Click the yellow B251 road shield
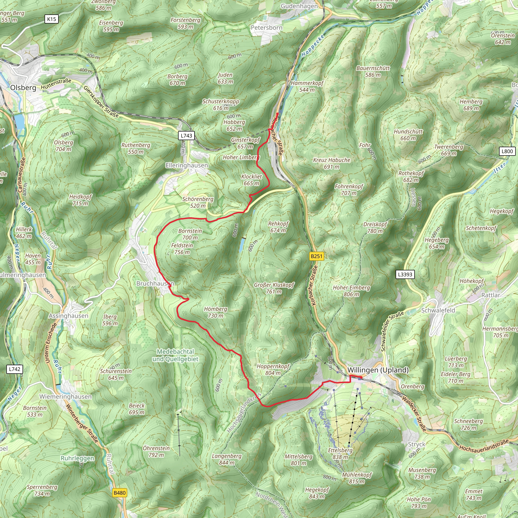[316, 256]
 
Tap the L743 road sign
[186, 135]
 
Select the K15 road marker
[52, 19]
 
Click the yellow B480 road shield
[120, 493]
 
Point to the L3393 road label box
[405, 274]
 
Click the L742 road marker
[14, 369]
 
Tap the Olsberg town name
[23, 88]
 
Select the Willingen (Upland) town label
[378, 370]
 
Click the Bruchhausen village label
[155, 283]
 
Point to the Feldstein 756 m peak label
[182, 249]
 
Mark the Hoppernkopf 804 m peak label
[273, 370]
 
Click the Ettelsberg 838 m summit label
[340, 454]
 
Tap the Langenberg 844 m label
[227, 459]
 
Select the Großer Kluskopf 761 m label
[274, 288]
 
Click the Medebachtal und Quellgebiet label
[175, 355]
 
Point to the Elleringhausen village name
[187, 165]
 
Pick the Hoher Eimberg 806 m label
[351, 291]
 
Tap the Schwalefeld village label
[438, 310]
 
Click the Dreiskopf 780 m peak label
[375, 228]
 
